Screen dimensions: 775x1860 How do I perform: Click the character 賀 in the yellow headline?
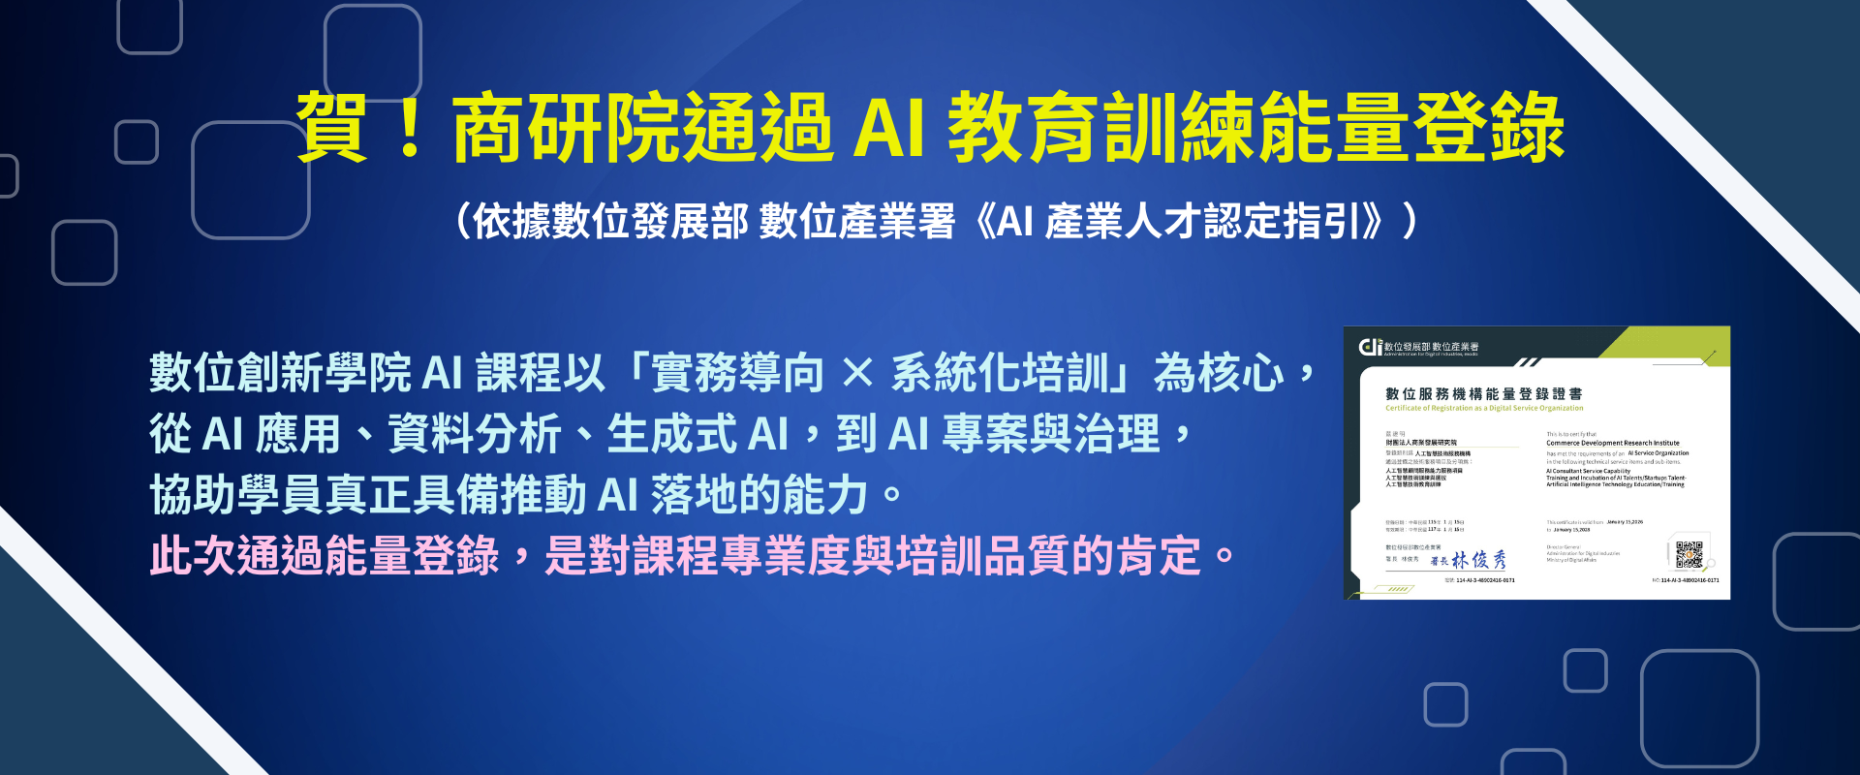(x=332, y=128)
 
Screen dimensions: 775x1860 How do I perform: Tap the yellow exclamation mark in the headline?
(x=410, y=128)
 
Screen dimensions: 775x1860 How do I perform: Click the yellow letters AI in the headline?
(x=888, y=128)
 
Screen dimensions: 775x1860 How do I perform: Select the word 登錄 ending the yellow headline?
(x=1488, y=128)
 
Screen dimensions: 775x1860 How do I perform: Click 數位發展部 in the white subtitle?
(x=610, y=222)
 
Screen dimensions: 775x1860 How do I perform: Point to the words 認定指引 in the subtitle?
(x=1283, y=222)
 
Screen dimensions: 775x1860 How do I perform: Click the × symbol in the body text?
(x=857, y=374)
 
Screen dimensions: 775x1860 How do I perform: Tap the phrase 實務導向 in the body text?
(x=737, y=374)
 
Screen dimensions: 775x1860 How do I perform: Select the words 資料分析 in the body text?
(x=475, y=434)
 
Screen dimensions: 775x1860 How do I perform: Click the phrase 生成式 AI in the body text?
(x=697, y=434)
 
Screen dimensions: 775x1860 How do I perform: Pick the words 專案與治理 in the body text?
(x=1050, y=434)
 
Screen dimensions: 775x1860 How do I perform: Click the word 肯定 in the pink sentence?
(x=1159, y=556)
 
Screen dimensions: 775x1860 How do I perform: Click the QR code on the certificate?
(x=1689, y=554)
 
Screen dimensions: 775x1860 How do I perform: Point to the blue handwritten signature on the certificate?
(x=1478, y=560)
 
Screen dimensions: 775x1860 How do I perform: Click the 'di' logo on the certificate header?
(x=1370, y=347)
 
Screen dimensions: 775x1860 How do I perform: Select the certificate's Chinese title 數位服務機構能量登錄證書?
(x=1483, y=393)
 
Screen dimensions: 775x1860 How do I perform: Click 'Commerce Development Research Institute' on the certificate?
(x=1612, y=443)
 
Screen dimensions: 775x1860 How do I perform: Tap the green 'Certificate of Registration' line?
(x=1483, y=408)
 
